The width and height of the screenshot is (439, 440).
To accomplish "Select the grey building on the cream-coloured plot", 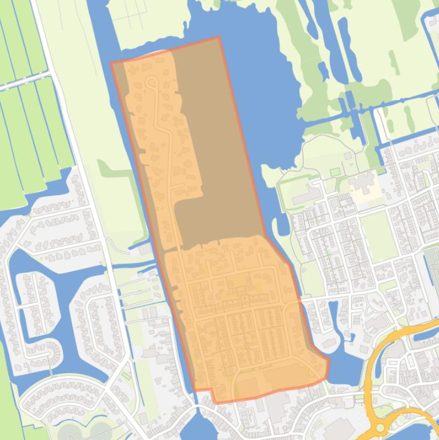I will click(x=360, y=186).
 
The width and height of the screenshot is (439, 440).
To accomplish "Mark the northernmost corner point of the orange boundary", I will click(x=219, y=38).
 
